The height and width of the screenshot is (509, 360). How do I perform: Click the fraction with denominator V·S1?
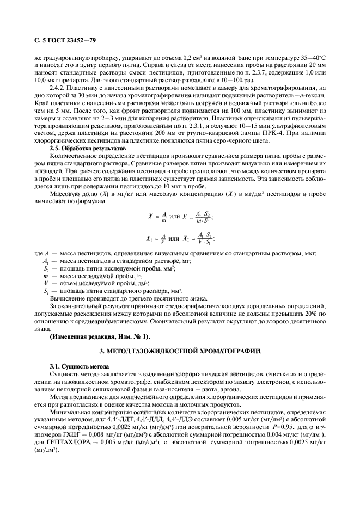(200, 238)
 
